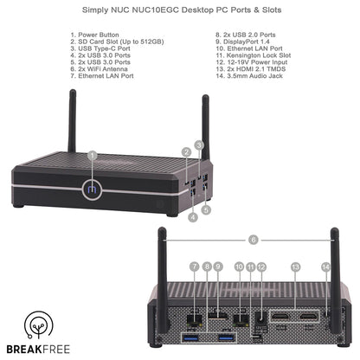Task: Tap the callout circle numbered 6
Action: point(253,238)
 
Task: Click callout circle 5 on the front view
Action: point(206,209)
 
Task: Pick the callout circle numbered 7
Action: point(195,267)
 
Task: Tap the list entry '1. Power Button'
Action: point(99,38)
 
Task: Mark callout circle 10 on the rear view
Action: point(237,267)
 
